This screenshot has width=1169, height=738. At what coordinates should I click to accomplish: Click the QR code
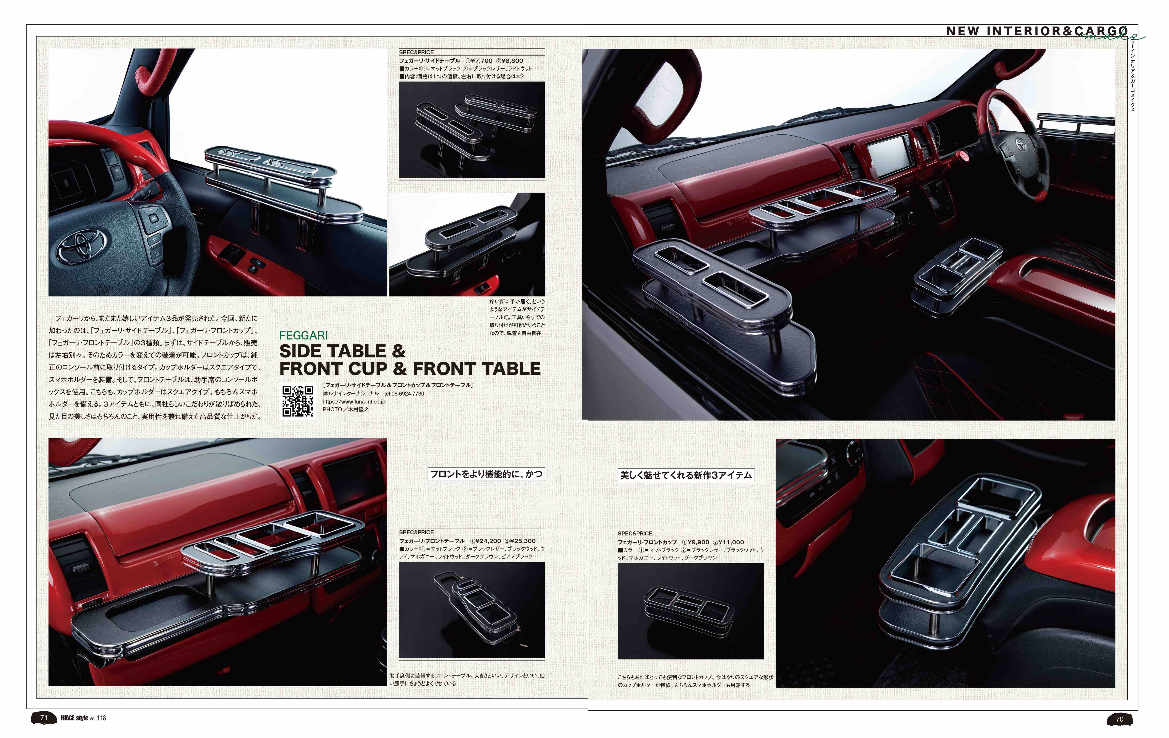(x=298, y=401)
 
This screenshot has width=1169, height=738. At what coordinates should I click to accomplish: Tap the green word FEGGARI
(x=303, y=335)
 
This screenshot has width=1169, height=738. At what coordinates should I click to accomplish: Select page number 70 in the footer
(x=1120, y=719)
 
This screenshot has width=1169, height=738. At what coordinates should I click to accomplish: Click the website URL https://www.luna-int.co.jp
(x=354, y=402)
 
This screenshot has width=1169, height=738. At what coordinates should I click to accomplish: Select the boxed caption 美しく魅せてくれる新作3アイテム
(x=686, y=475)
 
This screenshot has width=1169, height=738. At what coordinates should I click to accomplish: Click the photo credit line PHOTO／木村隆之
(x=346, y=409)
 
